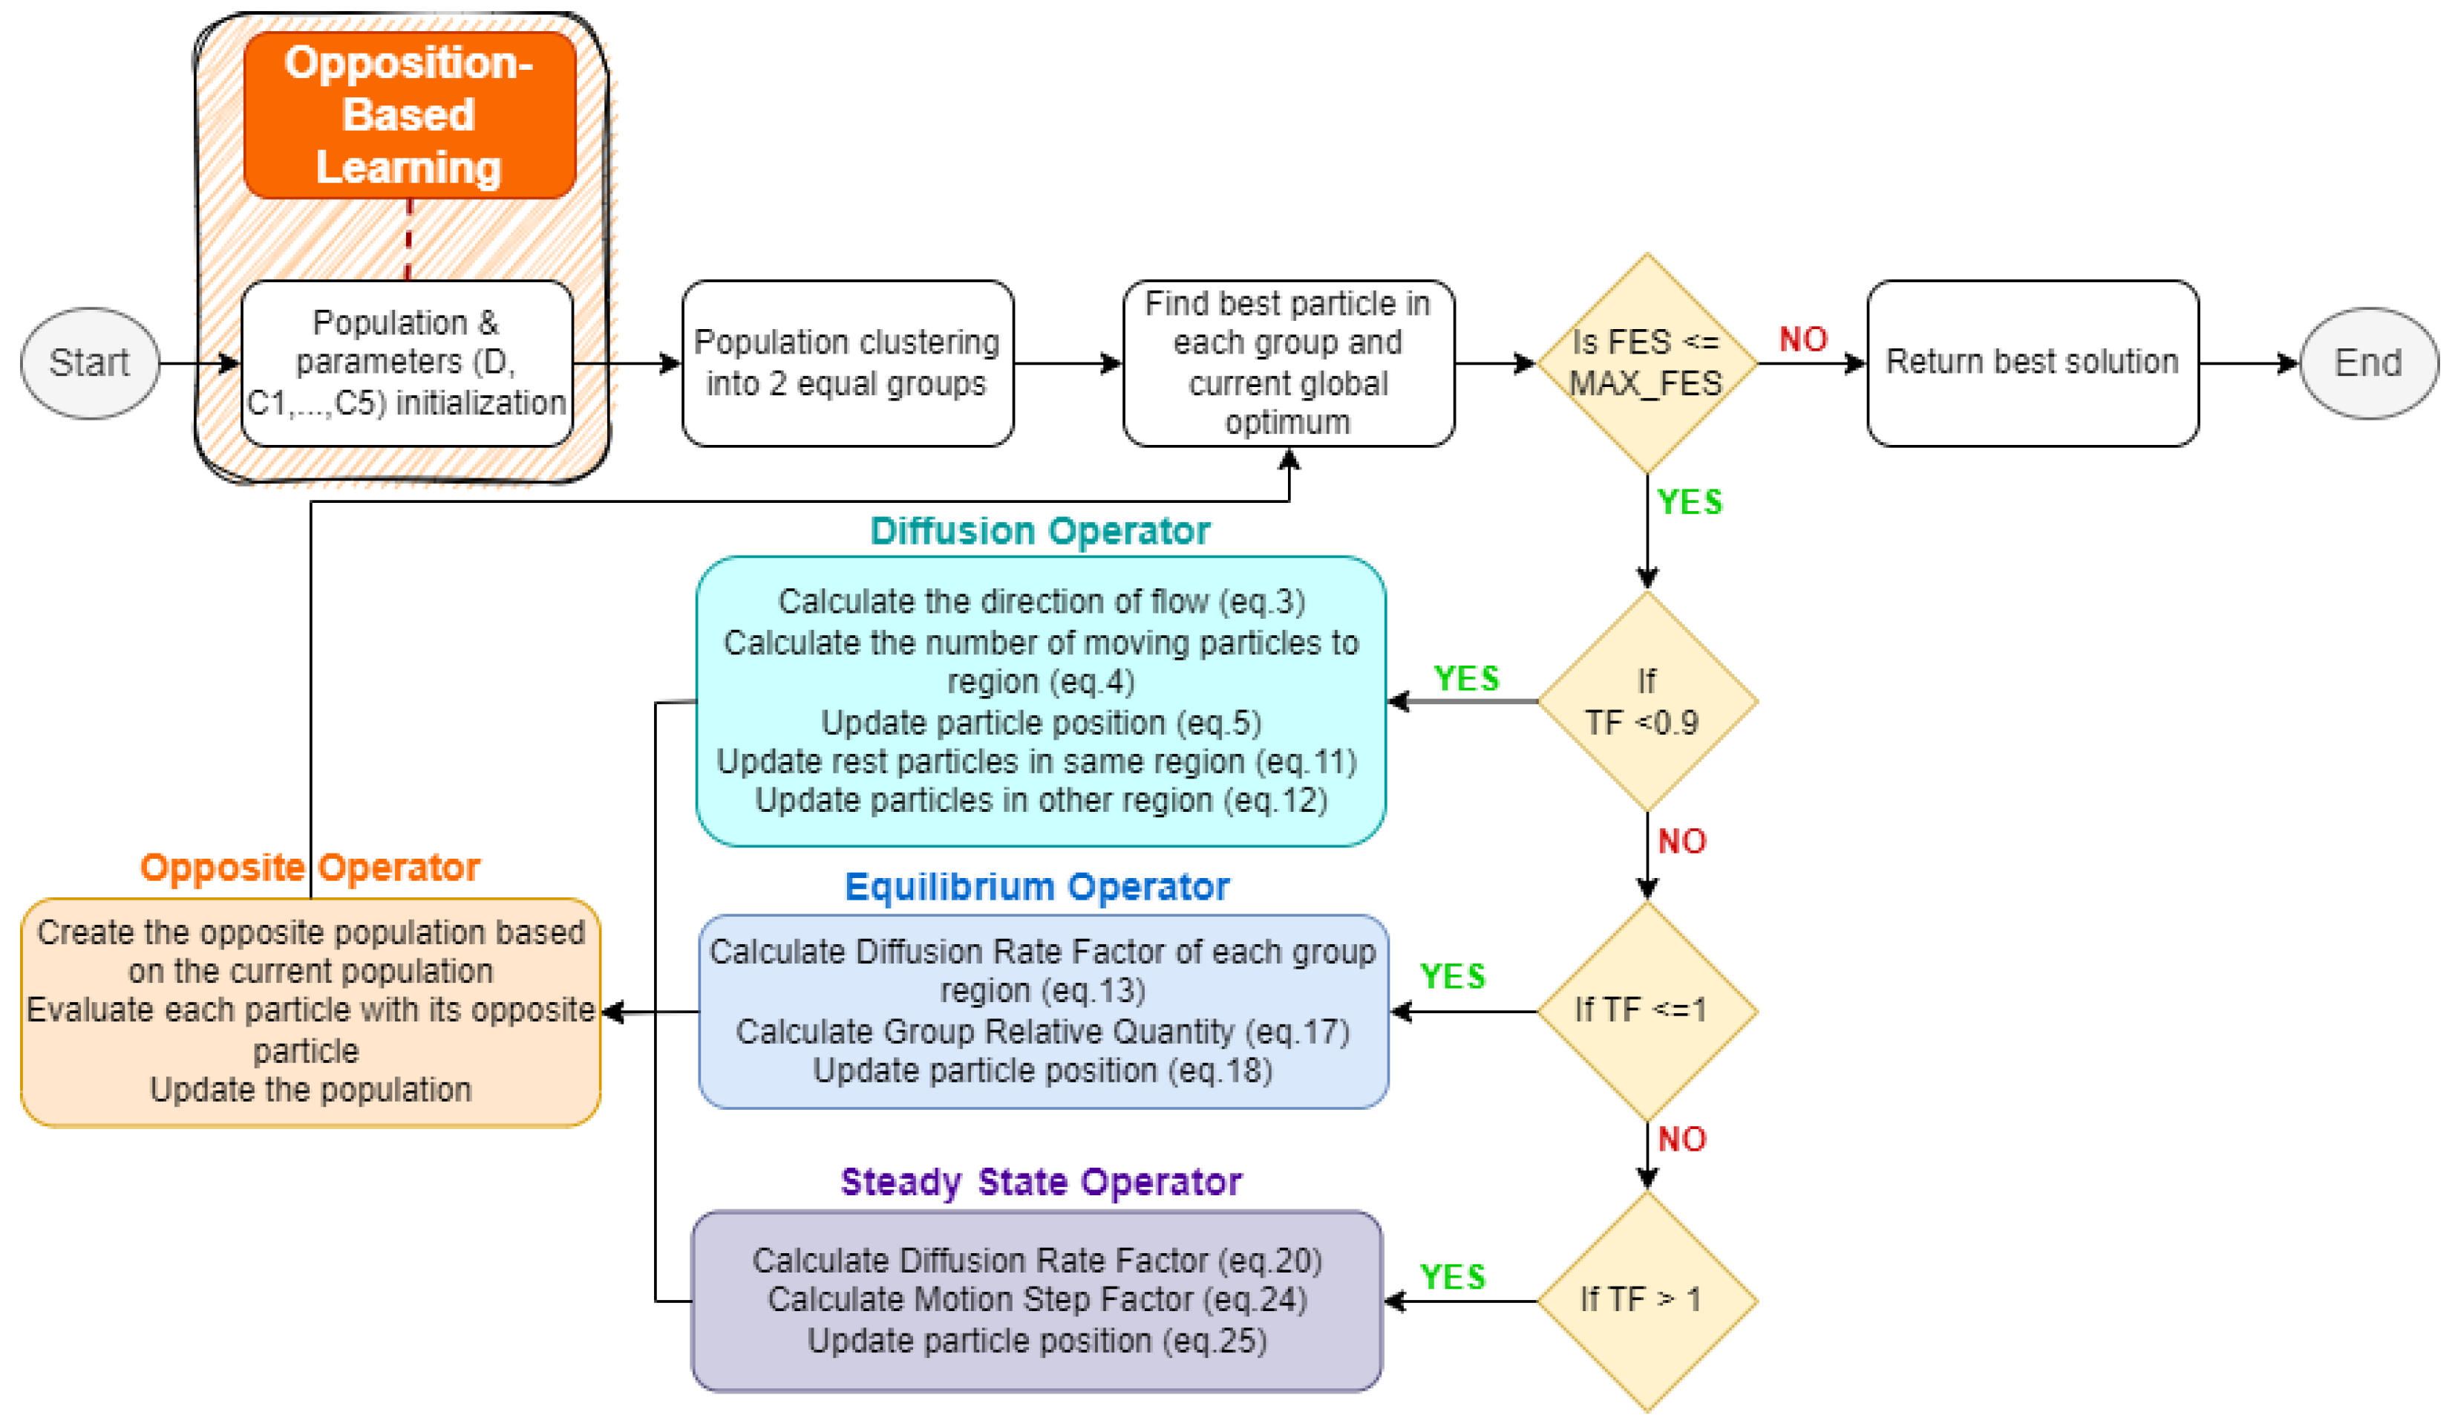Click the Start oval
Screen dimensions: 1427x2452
(x=90, y=363)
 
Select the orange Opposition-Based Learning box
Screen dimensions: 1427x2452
(x=408, y=115)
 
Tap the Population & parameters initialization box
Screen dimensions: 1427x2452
(x=407, y=363)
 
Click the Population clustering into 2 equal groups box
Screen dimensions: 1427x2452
(x=846, y=363)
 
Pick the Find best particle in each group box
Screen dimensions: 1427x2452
(x=1287, y=363)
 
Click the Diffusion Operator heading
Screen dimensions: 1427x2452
(x=1039, y=531)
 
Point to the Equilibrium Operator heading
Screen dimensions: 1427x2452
(x=1036, y=887)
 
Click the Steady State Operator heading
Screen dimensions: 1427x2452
(x=1040, y=1182)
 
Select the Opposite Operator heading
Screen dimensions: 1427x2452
(x=310, y=868)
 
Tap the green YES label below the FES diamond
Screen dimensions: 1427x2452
(x=1689, y=502)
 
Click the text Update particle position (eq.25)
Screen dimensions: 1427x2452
(x=1036, y=1342)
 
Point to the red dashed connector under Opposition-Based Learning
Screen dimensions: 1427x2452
(x=408, y=239)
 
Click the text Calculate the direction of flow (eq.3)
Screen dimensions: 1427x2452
(x=1040, y=602)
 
